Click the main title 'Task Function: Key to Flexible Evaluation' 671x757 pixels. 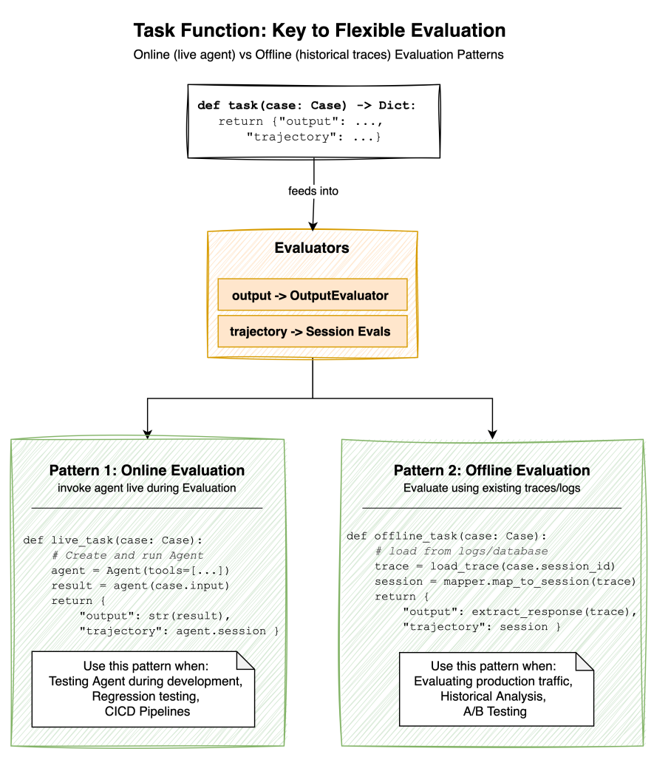pyautogui.click(x=319, y=31)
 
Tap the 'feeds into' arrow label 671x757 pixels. pyautogui.click(x=313, y=191)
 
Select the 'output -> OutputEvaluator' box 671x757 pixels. pyautogui.click(x=311, y=295)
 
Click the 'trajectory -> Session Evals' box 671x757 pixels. pyautogui.click(x=311, y=332)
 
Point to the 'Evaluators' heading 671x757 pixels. pyautogui.click(x=312, y=248)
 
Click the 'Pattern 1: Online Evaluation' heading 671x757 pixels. pyautogui.click(x=147, y=470)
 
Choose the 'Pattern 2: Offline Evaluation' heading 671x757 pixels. pyautogui.click(x=491, y=470)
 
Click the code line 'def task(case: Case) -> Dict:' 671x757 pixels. pyautogui.click(x=307, y=106)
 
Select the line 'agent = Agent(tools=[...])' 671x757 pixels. pyautogui.click(x=140, y=570)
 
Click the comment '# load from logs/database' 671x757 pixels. pyautogui.click(x=461, y=550)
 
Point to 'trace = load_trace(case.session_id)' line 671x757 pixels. pyautogui.click(x=495, y=566)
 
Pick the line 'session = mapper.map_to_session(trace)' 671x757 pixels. pyautogui.click(x=505, y=581)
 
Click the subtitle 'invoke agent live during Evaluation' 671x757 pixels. pyautogui.click(x=147, y=487)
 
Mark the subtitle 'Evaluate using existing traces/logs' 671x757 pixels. pyautogui.click(x=491, y=488)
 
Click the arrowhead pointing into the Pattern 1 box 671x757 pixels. pyautogui.click(x=148, y=433)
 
